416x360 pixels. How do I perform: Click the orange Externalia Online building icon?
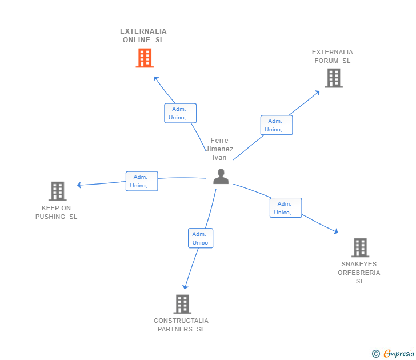(145, 58)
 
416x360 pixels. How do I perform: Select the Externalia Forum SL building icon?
(333, 78)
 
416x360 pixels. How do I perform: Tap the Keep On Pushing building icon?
(57, 191)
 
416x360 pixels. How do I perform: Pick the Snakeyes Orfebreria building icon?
(359, 247)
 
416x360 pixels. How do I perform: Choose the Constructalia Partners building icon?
(182, 304)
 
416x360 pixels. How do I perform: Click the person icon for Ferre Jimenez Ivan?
(221, 177)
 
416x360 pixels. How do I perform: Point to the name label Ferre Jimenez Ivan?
(219, 149)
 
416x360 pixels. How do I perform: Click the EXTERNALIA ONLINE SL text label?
(143, 35)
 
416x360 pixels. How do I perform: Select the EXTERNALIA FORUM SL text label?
(333, 56)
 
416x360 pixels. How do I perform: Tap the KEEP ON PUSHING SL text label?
(57, 212)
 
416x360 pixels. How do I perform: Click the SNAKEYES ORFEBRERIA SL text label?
(359, 273)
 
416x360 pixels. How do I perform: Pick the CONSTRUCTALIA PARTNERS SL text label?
(181, 325)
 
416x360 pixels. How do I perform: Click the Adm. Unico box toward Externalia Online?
(180, 113)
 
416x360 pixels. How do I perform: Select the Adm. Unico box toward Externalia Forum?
(277, 125)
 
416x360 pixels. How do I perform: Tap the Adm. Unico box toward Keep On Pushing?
(142, 181)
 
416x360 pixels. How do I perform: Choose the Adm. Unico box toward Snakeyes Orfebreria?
(286, 208)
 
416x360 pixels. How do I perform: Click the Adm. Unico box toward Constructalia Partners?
(200, 238)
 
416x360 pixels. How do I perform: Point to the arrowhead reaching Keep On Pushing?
(79, 185)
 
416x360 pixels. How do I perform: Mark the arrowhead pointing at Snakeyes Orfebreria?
(336, 231)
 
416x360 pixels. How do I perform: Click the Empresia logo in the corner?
(393, 354)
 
